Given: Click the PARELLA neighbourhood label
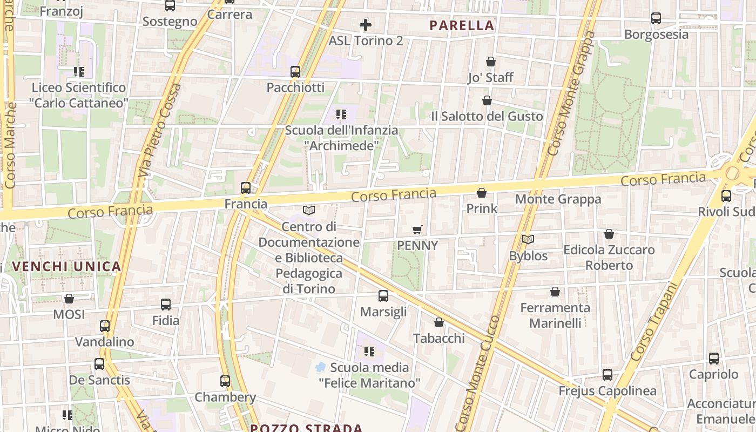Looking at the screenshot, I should (x=462, y=25).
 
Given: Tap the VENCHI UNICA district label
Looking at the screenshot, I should (x=66, y=266).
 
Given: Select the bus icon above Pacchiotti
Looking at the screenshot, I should (x=295, y=72).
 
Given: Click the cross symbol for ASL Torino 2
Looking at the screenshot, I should (x=366, y=24).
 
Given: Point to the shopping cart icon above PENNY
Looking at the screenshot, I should (x=417, y=230).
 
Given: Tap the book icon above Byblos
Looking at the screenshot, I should (x=528, y=240).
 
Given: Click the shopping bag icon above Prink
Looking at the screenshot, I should (x=481, y=193).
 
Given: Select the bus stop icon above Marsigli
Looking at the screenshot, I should (x=383, y=296).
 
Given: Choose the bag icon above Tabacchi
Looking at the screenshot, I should (x=439, y=322).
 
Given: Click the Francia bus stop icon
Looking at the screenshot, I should (x=246, y=188).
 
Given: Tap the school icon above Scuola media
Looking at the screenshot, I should (x=369, y=352).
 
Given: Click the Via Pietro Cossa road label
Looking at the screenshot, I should (x=160, y=130).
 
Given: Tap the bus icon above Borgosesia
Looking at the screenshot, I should (x=656, y=18).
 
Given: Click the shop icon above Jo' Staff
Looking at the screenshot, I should (x=490, y=62).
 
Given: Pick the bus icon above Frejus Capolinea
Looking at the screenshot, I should (x=607, y=375).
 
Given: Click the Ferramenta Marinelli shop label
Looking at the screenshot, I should (x=555, y=315).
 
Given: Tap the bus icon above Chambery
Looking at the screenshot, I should (x=225, y=381).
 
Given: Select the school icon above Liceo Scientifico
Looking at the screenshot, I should (x=79, y=71).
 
